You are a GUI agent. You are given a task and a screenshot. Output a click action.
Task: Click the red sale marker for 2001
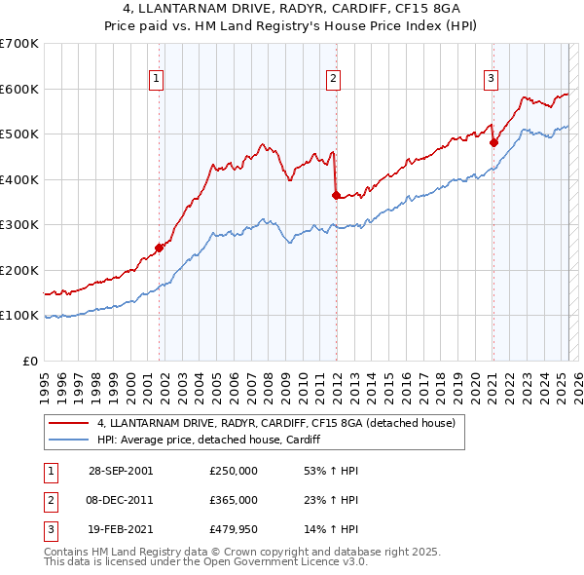pos(159,248)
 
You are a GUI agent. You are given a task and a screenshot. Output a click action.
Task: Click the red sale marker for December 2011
pos(336,195)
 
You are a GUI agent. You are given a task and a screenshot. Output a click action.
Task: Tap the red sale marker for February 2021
pos(493,142)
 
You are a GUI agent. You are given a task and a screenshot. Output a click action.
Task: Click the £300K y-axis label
pos(19,224)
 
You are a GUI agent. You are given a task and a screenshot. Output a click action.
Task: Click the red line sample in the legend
pos(69,424)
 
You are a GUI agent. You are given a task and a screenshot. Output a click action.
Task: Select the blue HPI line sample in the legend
pos(69,440)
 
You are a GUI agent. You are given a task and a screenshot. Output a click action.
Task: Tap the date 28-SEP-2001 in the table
pos(121,471)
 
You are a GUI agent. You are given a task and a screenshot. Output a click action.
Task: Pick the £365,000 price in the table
pos(234,500)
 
